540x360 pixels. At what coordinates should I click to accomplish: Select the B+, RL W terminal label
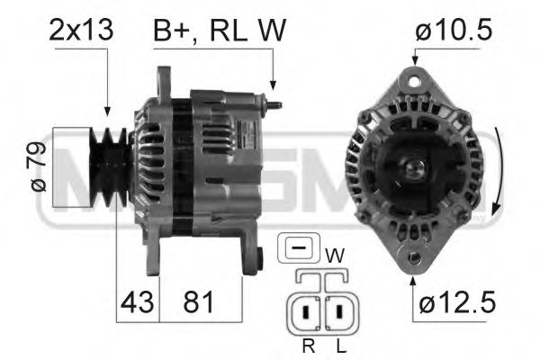220,31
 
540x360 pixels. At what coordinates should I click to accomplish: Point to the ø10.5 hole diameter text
454,31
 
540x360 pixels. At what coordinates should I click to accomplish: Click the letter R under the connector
308,344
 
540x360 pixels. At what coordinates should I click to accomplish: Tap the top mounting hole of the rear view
414,82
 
